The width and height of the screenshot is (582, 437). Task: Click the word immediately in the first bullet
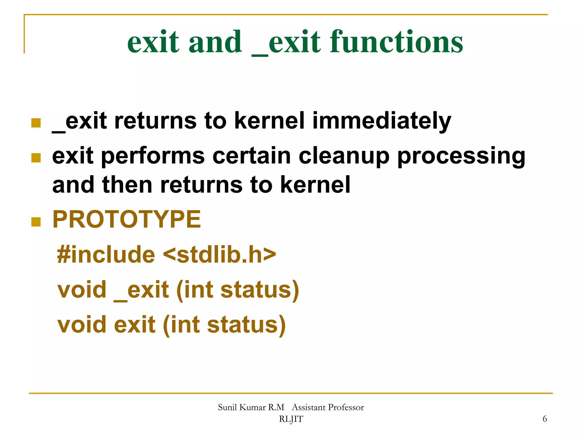point(381,121)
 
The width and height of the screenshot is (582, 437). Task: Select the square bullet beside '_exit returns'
point(36,123)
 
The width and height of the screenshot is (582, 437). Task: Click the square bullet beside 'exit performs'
point(36,158)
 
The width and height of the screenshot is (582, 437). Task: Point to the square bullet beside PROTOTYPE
point(36,222)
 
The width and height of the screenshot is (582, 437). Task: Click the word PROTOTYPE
point(126,219)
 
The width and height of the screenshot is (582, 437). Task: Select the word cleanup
point(344,156)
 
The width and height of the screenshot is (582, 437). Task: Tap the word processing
point(461,156)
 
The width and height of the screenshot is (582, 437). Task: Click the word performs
point(153,156)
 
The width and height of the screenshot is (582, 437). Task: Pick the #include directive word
point(106,254)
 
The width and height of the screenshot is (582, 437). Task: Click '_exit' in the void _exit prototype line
point(141,290)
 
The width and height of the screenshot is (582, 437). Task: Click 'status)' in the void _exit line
point(259,290)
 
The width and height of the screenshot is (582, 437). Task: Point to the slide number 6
point(544,419)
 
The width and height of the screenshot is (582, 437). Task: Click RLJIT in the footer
point(291,419)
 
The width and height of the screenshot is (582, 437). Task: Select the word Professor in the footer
point(346,407)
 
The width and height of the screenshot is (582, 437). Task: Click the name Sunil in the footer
point(227,407)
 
